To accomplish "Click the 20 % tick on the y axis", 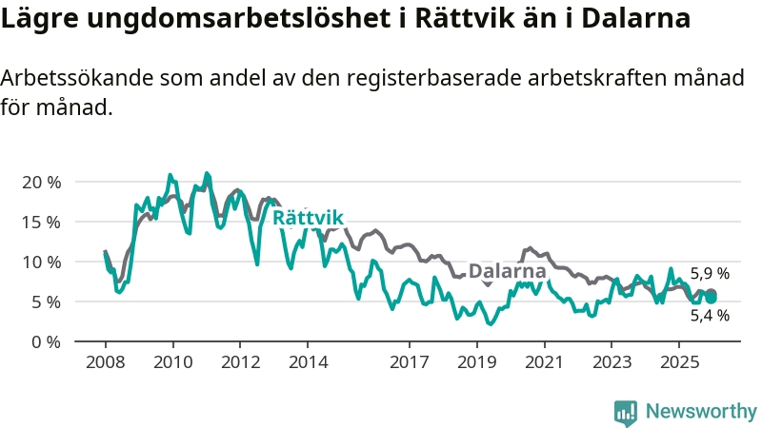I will coord(41,182).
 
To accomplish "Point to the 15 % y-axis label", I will coord(41,222).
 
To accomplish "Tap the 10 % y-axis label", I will coord(41,262).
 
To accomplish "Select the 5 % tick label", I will coord(45,302).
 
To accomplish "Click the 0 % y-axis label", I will coord(45,341).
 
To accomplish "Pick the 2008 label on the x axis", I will coord(105,362).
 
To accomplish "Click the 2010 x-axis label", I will coord(172,362).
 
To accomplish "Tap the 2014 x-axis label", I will coord(308,362).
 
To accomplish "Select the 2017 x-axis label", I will coord(409,362).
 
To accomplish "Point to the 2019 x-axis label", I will coord(476,362).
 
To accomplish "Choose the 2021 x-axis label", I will coord(544,362).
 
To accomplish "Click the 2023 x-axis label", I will coord(612,362).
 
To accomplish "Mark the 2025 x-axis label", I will coord(679,362).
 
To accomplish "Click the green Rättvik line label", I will coord(308,218).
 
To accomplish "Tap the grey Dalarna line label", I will coord(507,271).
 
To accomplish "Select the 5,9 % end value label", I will coord(710,274).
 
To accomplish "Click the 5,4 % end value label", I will coord(710,316).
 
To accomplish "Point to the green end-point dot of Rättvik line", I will coord(711,298).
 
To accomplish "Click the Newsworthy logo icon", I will coord(626,412).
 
